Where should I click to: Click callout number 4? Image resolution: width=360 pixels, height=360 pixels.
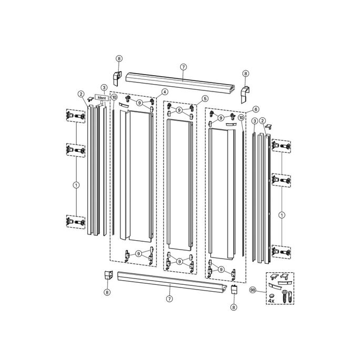coord(164,92)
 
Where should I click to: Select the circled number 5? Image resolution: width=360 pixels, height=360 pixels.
coord(204,98)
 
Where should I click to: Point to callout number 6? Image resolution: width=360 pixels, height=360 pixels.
coord(255,109)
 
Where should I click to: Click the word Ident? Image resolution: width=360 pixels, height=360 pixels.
coord(102,98)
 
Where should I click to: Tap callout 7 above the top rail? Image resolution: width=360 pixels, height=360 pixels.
coord(183,67)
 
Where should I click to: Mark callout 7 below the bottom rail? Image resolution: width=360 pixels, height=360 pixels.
coord(169,299)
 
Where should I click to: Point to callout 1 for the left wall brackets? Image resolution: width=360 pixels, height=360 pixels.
coord(76,184)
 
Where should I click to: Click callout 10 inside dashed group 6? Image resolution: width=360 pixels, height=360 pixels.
coord(241,119)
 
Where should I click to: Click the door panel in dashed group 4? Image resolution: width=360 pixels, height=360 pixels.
coord(134,173)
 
